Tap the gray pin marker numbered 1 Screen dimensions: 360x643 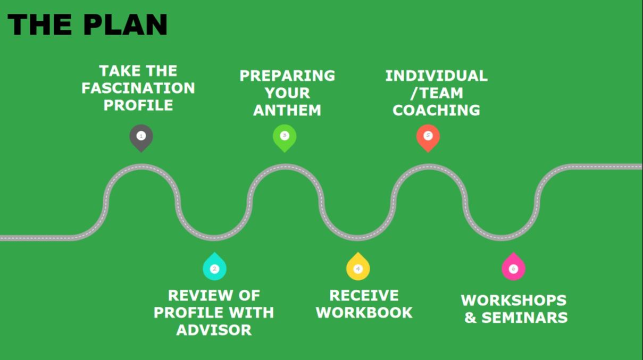click(x=141, y=136)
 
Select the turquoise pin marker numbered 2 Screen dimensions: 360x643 click(x=214, y=268)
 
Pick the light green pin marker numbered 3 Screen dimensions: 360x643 click(x=285, y=136)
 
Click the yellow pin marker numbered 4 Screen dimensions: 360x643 click(x=358, y=268)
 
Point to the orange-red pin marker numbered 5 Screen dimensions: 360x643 click(x=428, y=136)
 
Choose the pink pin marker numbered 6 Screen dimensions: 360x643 click(x=513, y=268)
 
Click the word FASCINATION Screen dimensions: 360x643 click(x=138, y=88)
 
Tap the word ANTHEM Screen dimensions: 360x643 click(x=287, y=110)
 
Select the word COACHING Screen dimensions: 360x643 click(x=436, y=110)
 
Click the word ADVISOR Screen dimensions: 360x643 click(x=214, y=330)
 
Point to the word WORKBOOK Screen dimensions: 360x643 click(x=364, y=312)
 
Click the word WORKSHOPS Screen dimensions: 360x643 click(x=513, y=300)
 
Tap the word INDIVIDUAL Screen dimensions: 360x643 click(x=436, y=76)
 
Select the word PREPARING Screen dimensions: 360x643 click(x=287, y=76)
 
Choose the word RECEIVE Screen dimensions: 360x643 click(x=364, y=295)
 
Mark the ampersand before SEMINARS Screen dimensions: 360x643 click(x=470, y=317)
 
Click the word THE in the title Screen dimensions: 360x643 click(x=37, y=24)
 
